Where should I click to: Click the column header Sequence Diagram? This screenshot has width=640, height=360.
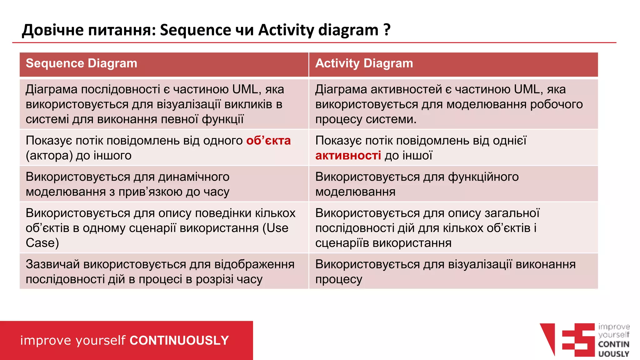(81, 63)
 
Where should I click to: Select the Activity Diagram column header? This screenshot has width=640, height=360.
(364, 63)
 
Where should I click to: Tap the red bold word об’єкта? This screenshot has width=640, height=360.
(268, 141)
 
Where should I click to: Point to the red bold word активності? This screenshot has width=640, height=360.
(348, 156)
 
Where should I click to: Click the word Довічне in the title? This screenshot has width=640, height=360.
(52, 30)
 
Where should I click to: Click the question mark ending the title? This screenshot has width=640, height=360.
(387, 30)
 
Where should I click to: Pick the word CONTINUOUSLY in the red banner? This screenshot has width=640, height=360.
(179, 340)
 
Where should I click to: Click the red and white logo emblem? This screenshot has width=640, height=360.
(567, 340)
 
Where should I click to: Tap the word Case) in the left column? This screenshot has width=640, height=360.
(42, 243)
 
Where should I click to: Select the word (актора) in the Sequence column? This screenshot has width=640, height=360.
(49, 156)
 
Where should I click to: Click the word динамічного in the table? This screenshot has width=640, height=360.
(194, 177)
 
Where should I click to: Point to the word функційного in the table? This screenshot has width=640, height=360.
(483, 177)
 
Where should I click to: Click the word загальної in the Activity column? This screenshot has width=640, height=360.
(512, 213)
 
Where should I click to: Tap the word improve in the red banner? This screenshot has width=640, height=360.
(46, 340)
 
